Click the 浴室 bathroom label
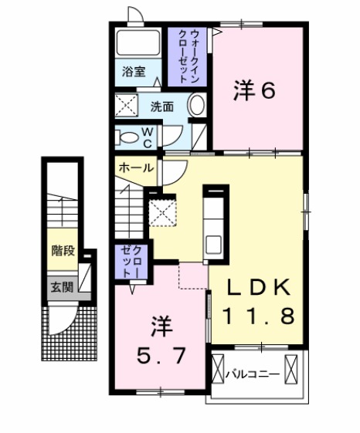click(134, 73)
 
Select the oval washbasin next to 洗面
click(197, 106)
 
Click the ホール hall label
click(134, 167)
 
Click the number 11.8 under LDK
click(259, 316)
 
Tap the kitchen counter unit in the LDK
click(215, 223)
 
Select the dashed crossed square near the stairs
click(162, 211)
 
